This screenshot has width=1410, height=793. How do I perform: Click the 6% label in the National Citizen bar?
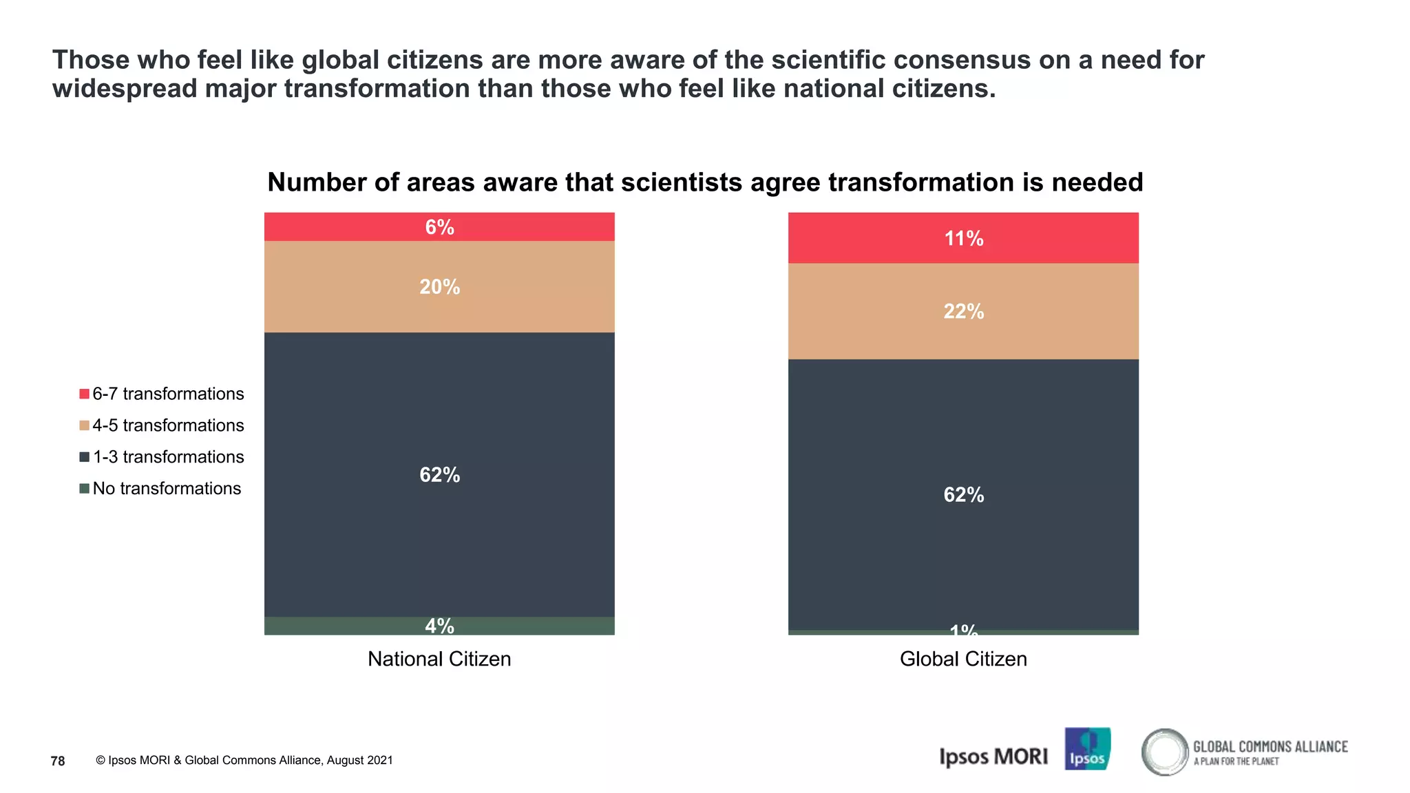(x=439, y=227)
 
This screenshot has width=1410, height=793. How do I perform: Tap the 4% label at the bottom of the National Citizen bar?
(x=439, y=626)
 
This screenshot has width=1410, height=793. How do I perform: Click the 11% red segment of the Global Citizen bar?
(x=963, y=238)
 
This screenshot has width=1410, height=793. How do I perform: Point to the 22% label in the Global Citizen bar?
(x=963, y=311)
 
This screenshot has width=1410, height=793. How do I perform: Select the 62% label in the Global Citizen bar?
(x=963, y=494)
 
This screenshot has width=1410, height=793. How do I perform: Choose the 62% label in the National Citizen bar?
(x=439, y=474)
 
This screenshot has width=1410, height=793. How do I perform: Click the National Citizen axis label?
(x=439, y=659)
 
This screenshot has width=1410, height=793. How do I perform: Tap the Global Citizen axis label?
(x=963, y=659)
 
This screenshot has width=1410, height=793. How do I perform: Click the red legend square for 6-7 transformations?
(x=84, y=394)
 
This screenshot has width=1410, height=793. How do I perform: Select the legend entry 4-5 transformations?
(x=168, y=425)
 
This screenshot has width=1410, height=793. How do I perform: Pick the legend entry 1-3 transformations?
(x=168, y=457)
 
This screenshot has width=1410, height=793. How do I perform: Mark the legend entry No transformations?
(x=167, y=489)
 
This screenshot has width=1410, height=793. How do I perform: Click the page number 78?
(x=58, y=761)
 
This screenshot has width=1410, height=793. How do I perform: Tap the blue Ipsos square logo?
(x=1087, y=749)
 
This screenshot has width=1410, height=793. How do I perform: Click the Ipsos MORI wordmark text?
(x=993, y=757)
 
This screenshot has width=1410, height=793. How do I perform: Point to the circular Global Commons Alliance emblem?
(x=1165, y=752)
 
